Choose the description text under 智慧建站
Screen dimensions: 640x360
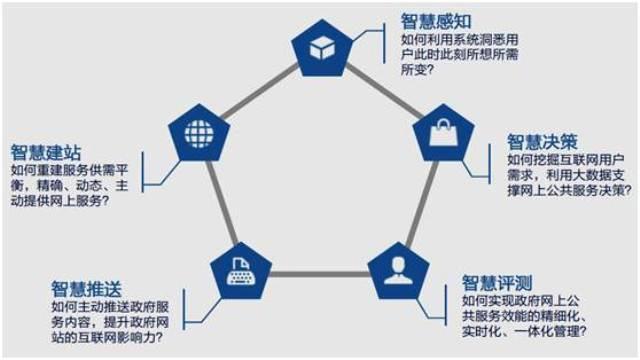[75, 185]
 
